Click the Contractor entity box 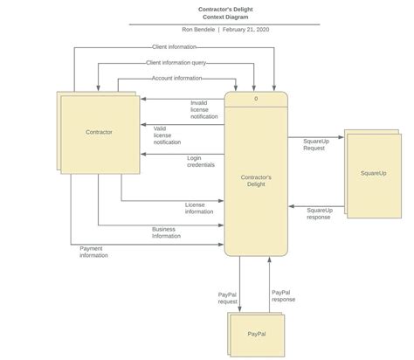click(98, 132)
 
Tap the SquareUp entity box click(373, 173)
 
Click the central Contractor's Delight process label click(256, 179)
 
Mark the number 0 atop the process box click(256, 99)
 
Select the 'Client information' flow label click(173, 46)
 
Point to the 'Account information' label click(177, 78)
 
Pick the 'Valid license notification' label click(167, 135)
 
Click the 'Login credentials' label click(200, 162)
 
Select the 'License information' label click(199, 208)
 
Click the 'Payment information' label click(93, 252)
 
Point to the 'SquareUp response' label click(320, 213)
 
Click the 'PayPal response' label click(283, 295)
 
